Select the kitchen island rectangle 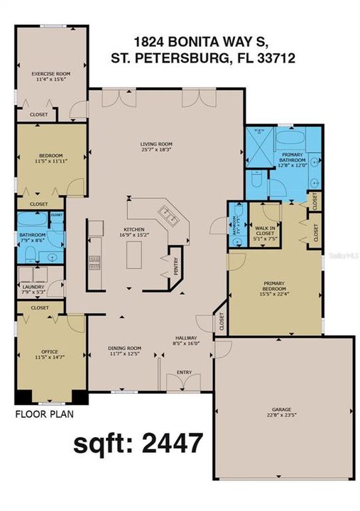coord(135,255)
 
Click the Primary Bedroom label coord(274,290)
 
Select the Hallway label coord(187,340)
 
